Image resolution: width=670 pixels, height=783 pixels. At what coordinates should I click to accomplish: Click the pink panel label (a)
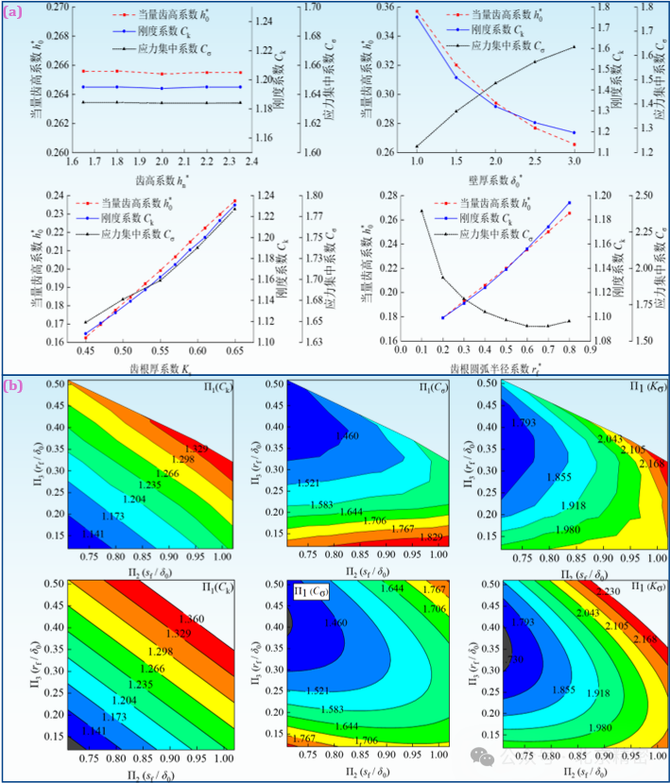[x=11, y=13]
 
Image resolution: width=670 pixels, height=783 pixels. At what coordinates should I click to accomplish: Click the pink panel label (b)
[x=12, y=385]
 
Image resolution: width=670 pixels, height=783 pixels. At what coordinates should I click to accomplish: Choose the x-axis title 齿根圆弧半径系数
[x=490, y=365]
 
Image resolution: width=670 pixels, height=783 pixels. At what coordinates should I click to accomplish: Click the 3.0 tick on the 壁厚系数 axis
[x=574, y=162]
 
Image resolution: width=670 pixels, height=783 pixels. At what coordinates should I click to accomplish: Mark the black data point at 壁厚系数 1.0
[x=417, y=146]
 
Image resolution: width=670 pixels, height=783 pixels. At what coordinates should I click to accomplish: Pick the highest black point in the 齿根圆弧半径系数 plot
[x=421, y=211]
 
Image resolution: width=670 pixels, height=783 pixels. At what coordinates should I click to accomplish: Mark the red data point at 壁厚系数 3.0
[x=574, y=145]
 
